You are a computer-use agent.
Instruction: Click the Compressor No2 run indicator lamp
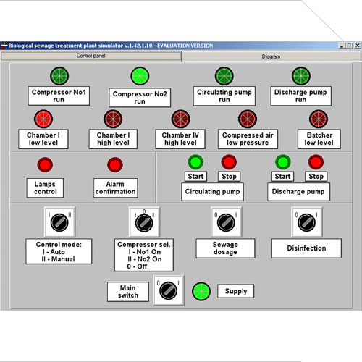pyautogui.click(x=140, y=76)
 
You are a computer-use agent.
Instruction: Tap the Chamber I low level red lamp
pyautogui.click(x=43, y=119)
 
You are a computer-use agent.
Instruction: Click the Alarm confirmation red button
pyautogui.click(x=115, y=164)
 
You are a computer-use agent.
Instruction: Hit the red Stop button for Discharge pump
pyautogui.click(x=316, y=162)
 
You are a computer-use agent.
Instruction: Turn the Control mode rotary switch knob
pyautogui.click(x=59, y=222)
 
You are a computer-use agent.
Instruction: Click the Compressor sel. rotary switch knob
pyautogui.click(x=144, y=223)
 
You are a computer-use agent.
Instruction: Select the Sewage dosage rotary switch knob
pyautogui.click(x=226, y=222)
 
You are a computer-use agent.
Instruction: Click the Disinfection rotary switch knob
pyautogui.click(x=307, y=222)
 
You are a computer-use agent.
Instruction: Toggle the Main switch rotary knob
pyautogui.click(x=169, y=290)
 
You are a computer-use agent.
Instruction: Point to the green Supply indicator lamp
pyautogui.click(x=201, y=291)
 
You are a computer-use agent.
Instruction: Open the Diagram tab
pyautogui.click(x=271, y=56)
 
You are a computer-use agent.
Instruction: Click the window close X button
pyautogui.click(x=358, y=46)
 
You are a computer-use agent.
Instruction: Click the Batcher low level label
pyautogui.click(x=319, y=139)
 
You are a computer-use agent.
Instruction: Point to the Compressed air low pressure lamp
pyautogui.click(x=248, y=119)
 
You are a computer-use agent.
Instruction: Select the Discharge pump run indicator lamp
pyautogui.click(x=301, y=76)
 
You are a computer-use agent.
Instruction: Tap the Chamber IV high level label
pyautogui.click(x=180, y=139)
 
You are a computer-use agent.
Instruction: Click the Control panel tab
pyautogui.click(x=91, y=56)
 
